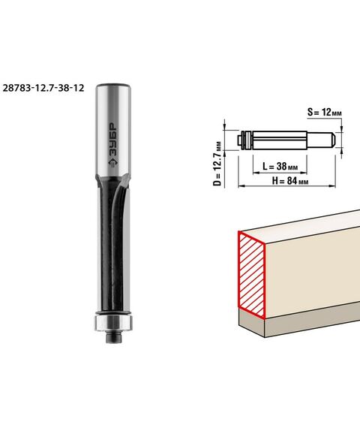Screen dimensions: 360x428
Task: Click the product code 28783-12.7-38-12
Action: [43, 88]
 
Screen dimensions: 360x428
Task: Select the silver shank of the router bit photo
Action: [114, 131]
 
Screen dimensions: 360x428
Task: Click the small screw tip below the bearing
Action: [113, 337]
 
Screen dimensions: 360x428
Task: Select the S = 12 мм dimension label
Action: [325, 112]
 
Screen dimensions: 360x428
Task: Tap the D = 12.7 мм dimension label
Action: [217, 164]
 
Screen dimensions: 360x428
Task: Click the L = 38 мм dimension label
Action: [280, 166]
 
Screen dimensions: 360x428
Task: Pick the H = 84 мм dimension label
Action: [290, 181]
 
